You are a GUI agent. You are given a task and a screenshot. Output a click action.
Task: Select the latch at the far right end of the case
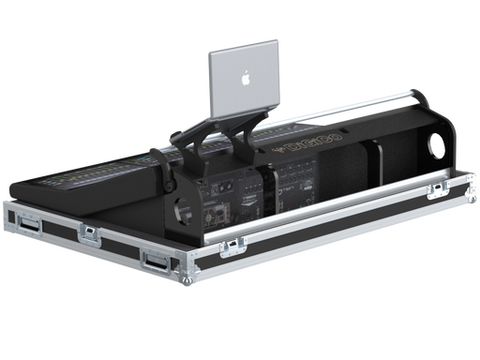[x=435, y=191]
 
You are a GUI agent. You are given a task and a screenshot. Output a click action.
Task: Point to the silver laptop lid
[x=244, y=80]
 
